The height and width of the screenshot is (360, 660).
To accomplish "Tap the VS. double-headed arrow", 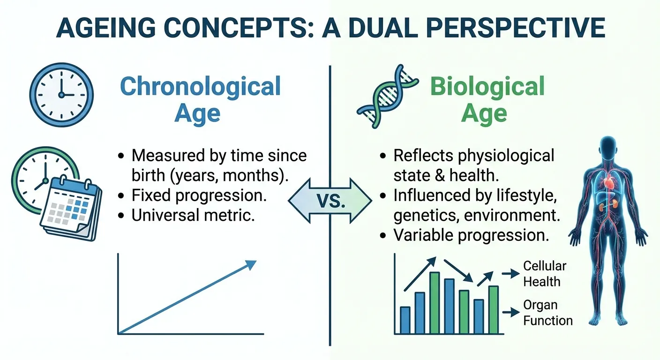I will coord(330,202).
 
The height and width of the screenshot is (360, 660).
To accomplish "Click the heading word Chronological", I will coord(200,87).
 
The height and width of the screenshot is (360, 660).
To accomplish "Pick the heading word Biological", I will coord(487,87).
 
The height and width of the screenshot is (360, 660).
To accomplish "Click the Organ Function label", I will coord(547,313).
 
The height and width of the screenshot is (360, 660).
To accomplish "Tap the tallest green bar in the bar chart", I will coord(435,302).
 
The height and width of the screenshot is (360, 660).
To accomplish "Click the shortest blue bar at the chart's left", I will coord(405,320).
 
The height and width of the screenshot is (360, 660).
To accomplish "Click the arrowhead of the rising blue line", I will coord(251,265).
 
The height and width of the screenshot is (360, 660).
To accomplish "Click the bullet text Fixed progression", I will coord(199,195).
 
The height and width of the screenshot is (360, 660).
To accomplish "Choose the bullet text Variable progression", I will coord(471,235).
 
